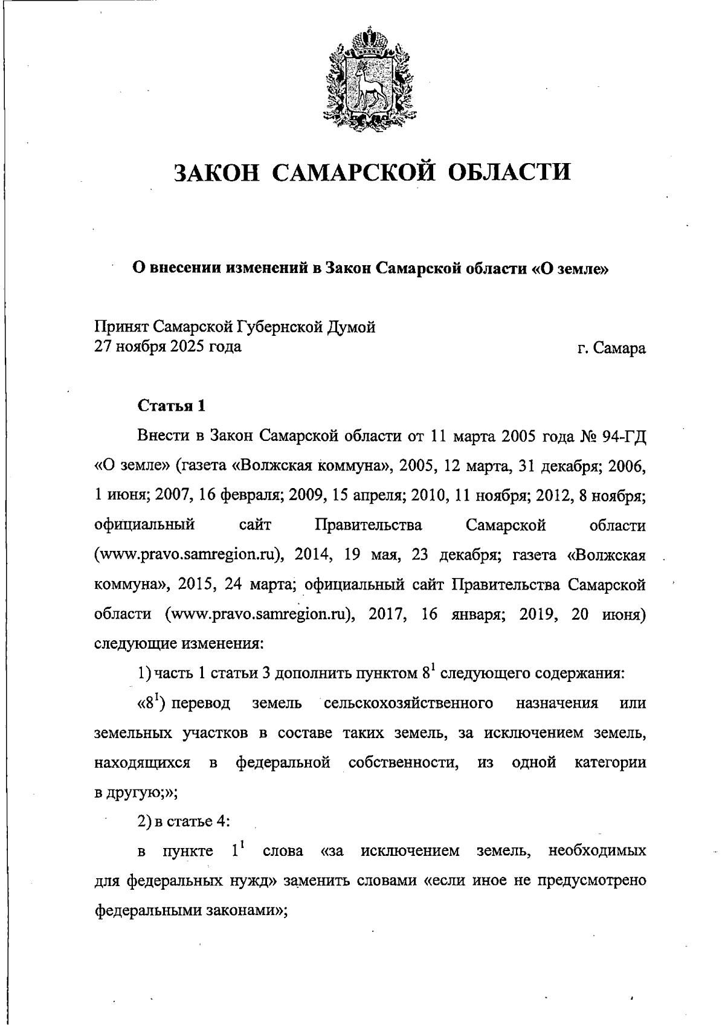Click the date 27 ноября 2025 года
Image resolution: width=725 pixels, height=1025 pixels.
point(168,347)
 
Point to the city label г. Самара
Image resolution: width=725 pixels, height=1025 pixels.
point(611,348)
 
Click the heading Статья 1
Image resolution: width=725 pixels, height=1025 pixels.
point(172,406)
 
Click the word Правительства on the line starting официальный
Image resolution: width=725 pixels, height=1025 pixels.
point(369,525)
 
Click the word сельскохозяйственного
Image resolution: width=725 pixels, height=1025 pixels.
point(408,703)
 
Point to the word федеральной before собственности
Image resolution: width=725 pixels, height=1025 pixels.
point(283,762)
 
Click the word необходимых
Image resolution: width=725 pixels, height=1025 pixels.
point(596,852)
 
